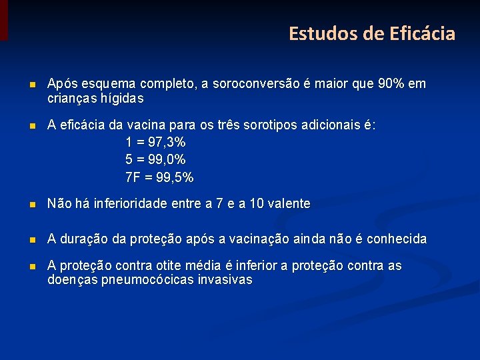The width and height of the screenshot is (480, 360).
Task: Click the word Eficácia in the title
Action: pyautogui.click(x=419, y=33)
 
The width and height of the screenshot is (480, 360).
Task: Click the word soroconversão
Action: pyautogui.click(x=258, y=85)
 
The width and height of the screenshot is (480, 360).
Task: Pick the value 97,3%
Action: pyautogui.click(x=168, y=143)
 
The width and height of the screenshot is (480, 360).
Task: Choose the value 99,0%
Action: pyautogui.click(x=168, y=160)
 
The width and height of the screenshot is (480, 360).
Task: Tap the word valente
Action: pyautogui.click(x=290, y=204)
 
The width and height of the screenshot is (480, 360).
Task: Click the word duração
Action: pyautogui.click(x=86, y=239)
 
